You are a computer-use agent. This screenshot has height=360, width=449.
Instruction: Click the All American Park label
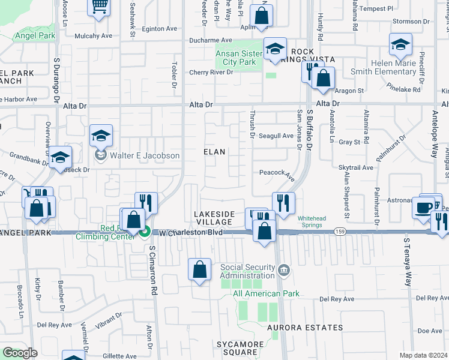click(266, 293)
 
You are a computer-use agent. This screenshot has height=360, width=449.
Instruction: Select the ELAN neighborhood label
click(214, 152)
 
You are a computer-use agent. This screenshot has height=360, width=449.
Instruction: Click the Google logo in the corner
click(20, 353)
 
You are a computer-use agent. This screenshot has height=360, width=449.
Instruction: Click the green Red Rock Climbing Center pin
click(144, 233)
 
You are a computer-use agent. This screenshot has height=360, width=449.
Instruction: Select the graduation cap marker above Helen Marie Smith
click(400, 45)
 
